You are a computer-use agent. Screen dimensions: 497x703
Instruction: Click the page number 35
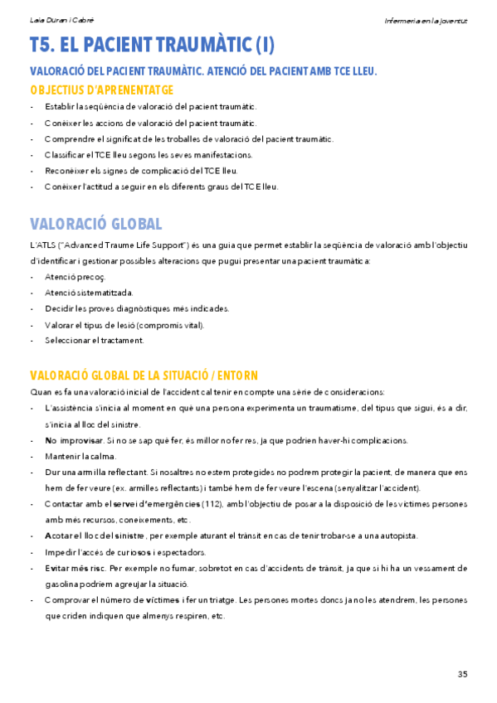pyautogui.click(x=462, y=672)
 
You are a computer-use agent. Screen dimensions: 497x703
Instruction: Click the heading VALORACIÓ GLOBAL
pyautogui.click(x=95, y=224)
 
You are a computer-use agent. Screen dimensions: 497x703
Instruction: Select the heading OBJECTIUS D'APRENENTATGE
pyautogui.click(x=101, y=90)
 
